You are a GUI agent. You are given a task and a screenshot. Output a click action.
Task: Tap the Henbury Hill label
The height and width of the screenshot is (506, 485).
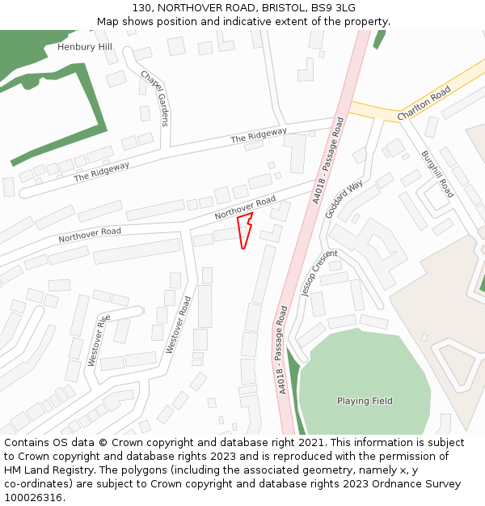point(85,47)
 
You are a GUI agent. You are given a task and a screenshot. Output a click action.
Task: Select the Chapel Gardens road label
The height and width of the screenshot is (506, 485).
point(154,98)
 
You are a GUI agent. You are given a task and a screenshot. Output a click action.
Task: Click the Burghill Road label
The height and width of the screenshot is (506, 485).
point(437,173)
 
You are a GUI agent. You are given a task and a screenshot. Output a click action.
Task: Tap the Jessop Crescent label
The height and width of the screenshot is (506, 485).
point(318,274)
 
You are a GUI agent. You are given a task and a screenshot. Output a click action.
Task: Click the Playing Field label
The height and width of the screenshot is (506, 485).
point(364,401)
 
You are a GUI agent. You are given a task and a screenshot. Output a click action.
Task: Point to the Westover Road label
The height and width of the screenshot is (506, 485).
point(179,325)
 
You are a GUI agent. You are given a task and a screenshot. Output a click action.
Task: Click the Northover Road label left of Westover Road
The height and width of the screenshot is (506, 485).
point(90,236)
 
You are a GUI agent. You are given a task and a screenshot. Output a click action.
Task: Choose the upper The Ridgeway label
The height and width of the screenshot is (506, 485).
point(259,136)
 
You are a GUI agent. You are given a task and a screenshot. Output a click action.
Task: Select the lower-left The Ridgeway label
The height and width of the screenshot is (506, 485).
point(102,172)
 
